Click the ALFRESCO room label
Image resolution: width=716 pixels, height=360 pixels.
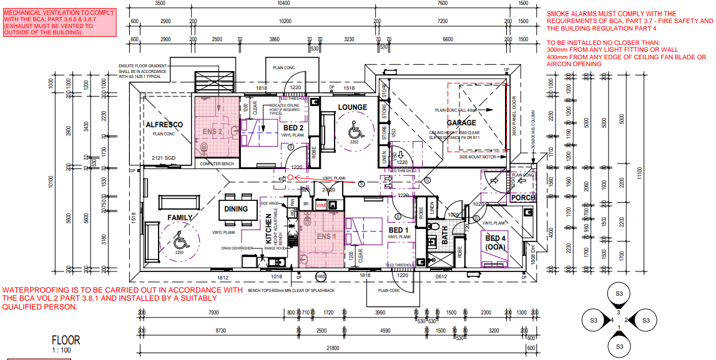(164, 125)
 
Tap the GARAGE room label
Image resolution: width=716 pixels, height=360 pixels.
(461, 123)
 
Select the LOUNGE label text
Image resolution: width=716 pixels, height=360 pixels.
(353, 107)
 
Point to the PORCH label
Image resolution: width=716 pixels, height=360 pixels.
(522, 198)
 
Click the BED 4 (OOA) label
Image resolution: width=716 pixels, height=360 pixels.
(496, 243)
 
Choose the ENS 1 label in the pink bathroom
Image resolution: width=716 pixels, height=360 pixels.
(326, 236)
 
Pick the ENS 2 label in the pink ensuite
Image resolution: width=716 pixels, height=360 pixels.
(212, 132)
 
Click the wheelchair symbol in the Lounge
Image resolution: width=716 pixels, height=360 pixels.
(353, 132)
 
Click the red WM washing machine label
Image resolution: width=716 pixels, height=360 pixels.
(321, 205)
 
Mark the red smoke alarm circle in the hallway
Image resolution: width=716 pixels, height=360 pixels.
(290, 178)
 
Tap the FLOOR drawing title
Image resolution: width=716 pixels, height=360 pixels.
(66, 340)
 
